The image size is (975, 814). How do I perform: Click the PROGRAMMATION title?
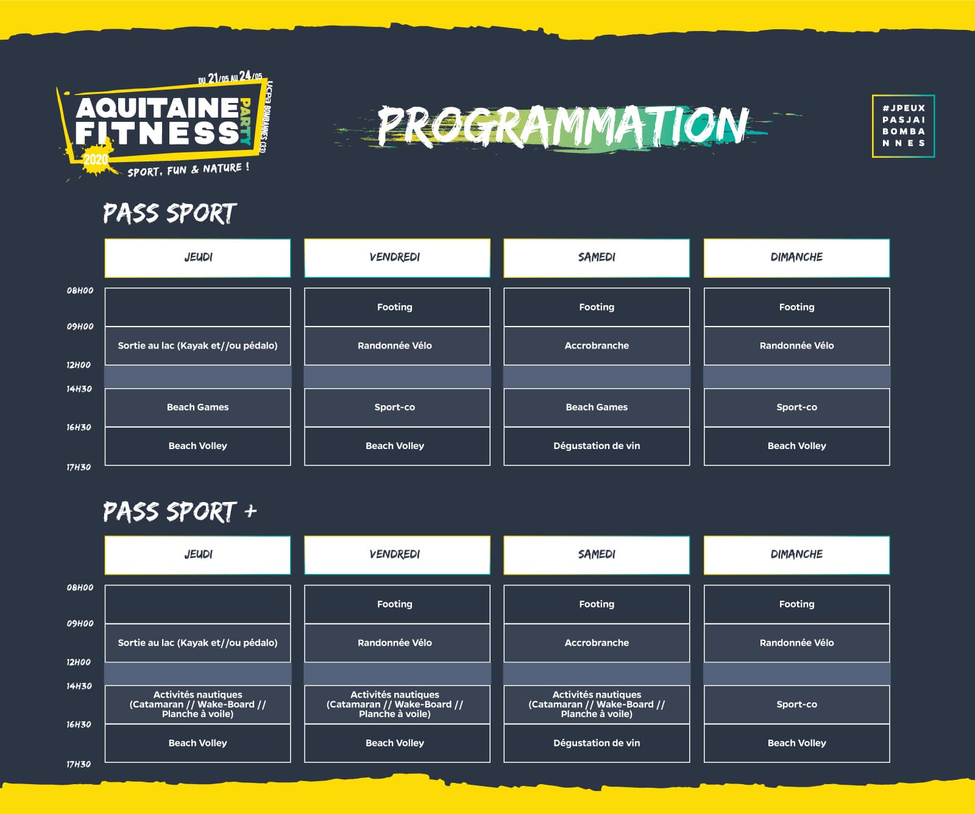[562, 126]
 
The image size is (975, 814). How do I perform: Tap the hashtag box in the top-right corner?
[903, 126]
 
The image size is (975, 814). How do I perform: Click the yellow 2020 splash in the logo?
[95, 160]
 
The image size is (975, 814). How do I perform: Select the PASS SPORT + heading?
[179, 512]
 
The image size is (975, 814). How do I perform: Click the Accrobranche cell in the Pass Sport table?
[597, 345]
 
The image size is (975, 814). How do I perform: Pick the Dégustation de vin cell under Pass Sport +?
[597, 743]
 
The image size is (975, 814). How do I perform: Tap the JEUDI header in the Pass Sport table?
[197, 258]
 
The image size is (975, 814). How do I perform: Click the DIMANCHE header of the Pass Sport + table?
[796, 554]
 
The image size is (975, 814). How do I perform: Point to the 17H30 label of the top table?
[79, 467]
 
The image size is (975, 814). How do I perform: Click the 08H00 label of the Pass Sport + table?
[80, 587]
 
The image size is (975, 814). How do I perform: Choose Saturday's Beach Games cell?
[597, 407]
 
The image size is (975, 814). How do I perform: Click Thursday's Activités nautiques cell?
[197, 704]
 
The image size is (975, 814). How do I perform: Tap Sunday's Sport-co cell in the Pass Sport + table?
[796, 704]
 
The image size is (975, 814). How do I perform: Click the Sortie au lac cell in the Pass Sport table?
[197, 345]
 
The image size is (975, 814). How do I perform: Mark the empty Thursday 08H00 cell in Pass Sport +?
[197, 604]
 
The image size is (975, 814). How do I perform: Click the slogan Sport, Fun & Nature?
[188, 169]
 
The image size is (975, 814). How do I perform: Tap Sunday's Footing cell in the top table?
[796, 307]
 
